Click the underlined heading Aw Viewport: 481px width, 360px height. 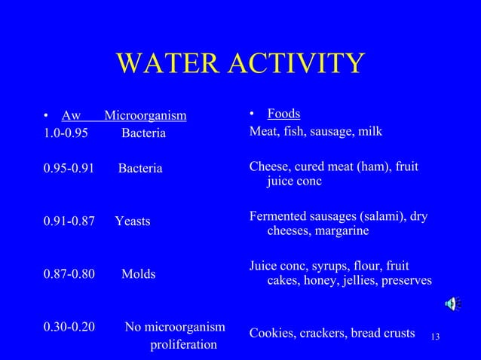71,116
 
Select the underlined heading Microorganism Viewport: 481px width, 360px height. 145,116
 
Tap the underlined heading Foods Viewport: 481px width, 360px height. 283,114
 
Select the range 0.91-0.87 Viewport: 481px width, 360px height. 69,221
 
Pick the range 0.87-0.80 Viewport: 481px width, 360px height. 69,274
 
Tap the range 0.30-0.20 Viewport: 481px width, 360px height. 69,327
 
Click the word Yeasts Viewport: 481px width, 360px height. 133,221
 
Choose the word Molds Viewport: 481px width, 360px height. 139,274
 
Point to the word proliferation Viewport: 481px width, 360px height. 184,345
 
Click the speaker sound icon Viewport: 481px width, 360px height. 452,304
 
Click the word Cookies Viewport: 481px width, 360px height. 271,333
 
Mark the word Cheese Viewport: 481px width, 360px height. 268,166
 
